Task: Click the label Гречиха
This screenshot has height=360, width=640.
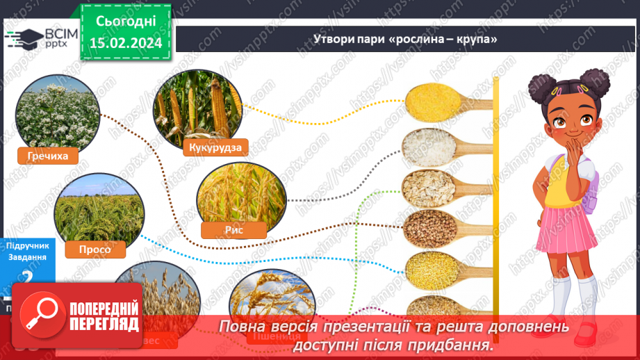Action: (x=49, y=156)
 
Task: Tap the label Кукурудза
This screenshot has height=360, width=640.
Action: (x=214, y=147)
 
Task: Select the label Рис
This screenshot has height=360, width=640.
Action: (x=233, y=231)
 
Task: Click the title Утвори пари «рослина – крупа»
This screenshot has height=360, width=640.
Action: (x=405, y=39)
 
